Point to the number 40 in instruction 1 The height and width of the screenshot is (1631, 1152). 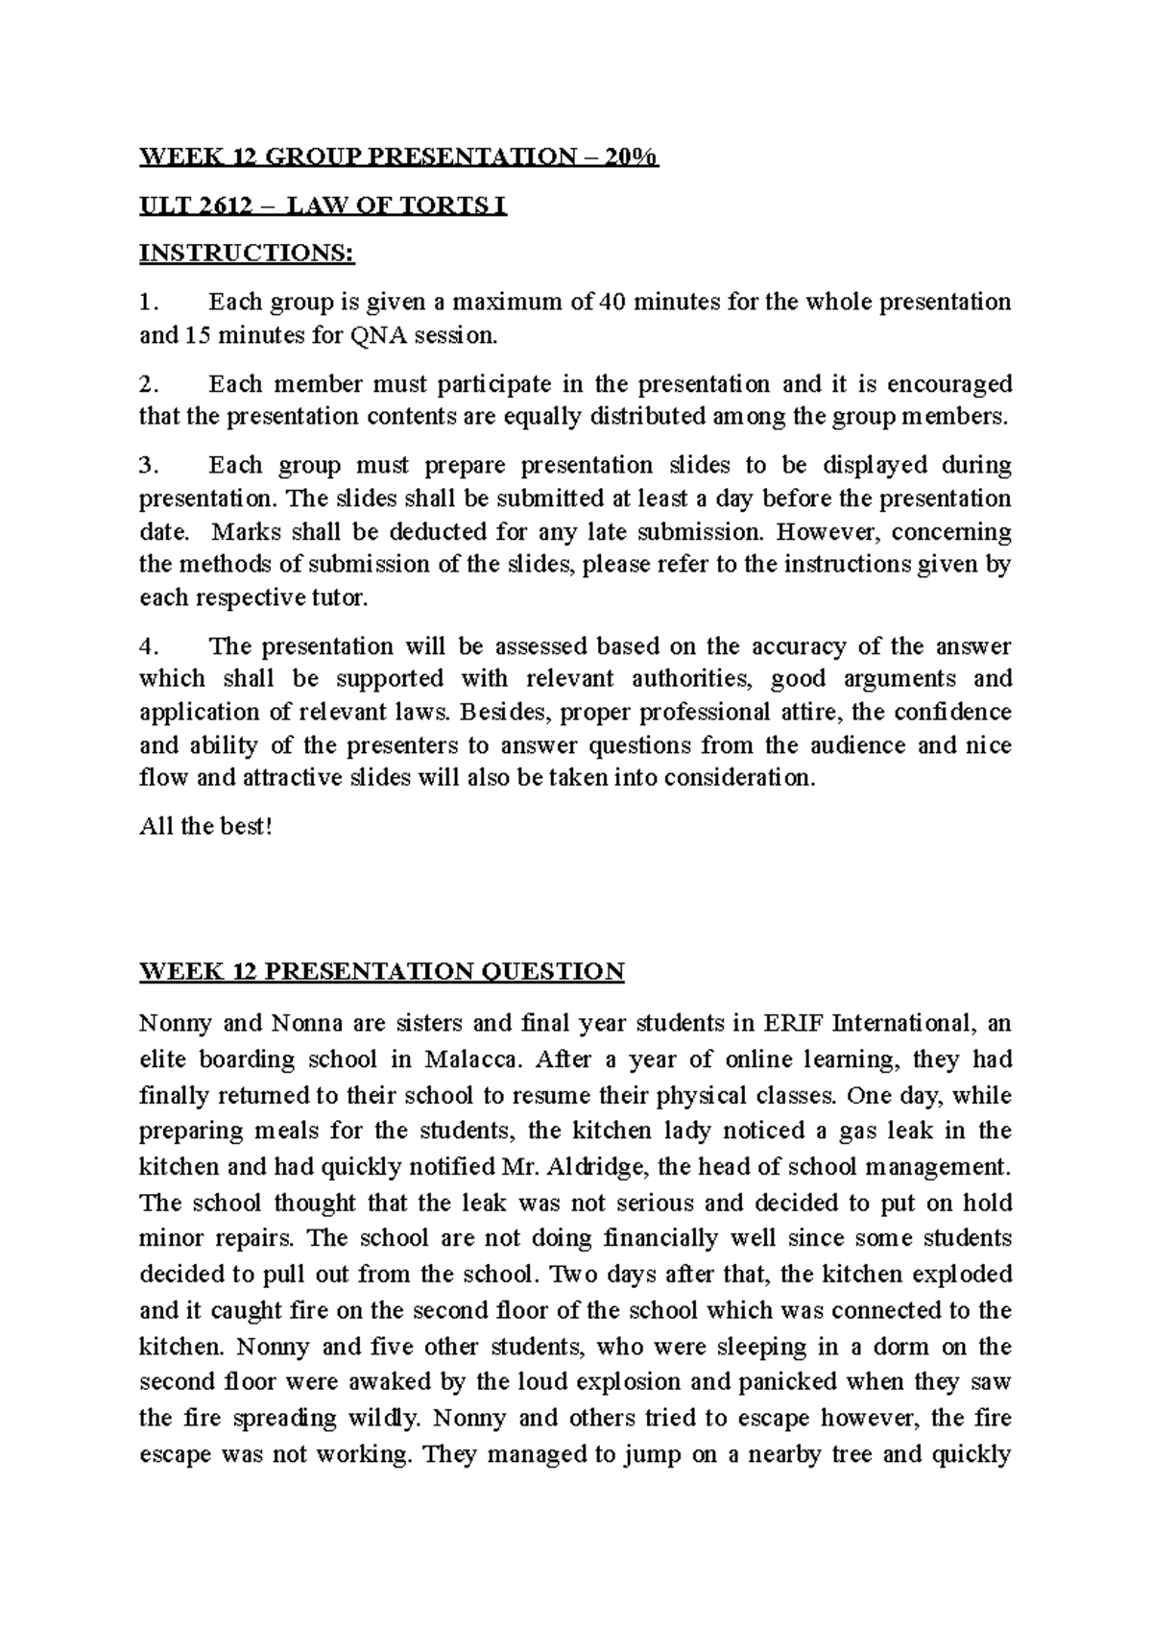point(612,303)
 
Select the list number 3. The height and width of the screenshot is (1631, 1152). point(146,466)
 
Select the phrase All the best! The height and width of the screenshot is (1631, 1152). point(206,827)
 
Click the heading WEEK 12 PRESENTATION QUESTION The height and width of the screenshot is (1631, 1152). point(382,971)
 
